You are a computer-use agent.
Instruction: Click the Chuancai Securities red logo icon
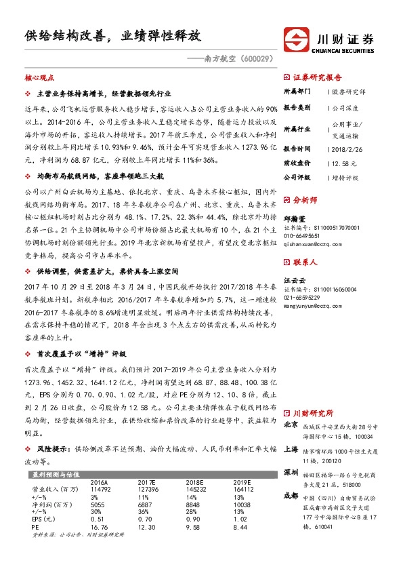[x=295, y=40]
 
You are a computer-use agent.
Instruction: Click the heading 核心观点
[x=39, y=79]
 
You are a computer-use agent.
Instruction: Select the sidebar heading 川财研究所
[x=313, y=412]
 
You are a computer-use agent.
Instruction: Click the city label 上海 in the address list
[x=291, y=450]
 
